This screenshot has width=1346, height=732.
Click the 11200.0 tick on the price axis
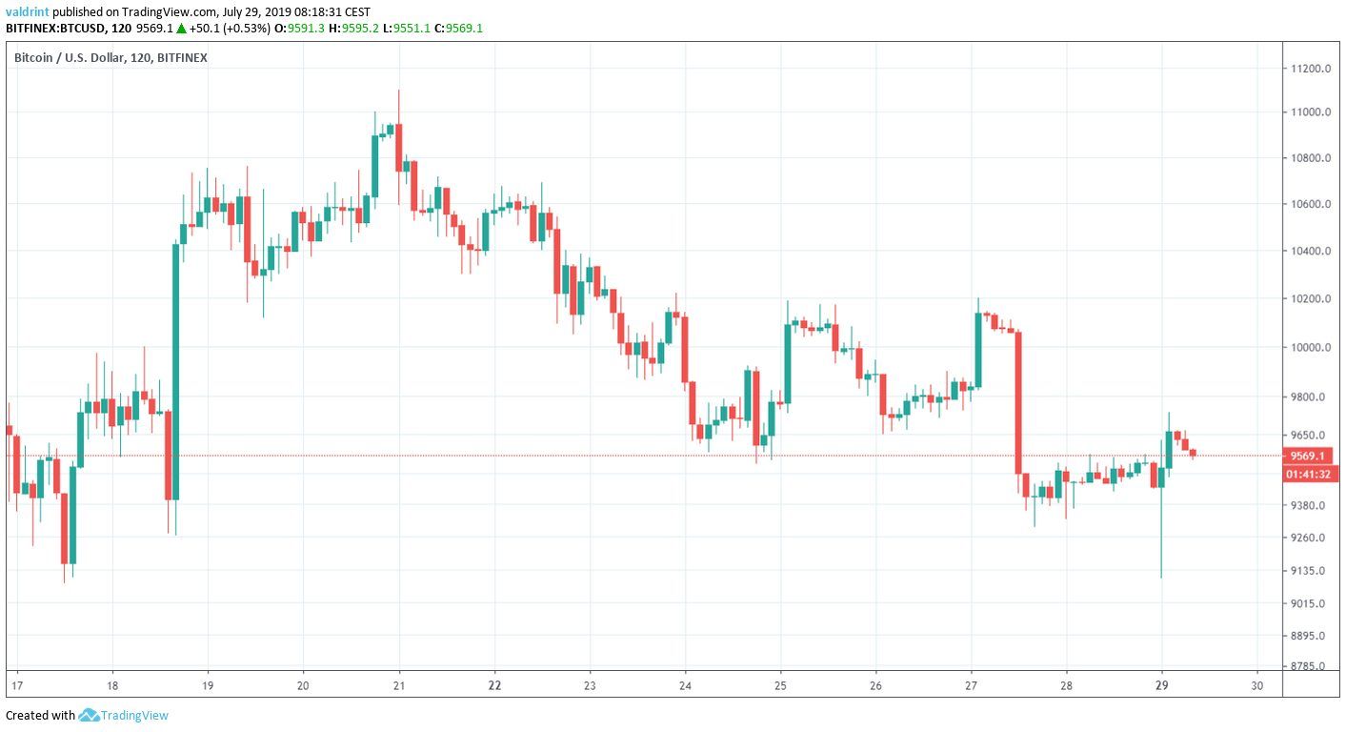click(x=1310, y=69)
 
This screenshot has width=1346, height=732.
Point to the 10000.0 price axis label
click(x=1310, y=347)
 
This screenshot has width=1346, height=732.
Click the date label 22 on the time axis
click(x=494, y=685)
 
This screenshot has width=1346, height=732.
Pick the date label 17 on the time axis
click(x=16, y=685)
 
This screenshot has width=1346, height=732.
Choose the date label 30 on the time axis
click(x=1257, y=685)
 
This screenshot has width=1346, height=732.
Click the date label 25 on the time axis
click(x=780, y=685)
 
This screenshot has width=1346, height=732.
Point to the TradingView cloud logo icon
click(x=90, y=715)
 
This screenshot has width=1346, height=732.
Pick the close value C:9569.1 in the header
click(x=458, y=28)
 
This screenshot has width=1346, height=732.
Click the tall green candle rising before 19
click(x=176, y=372)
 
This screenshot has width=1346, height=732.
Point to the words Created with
click(x=40, y=715)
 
